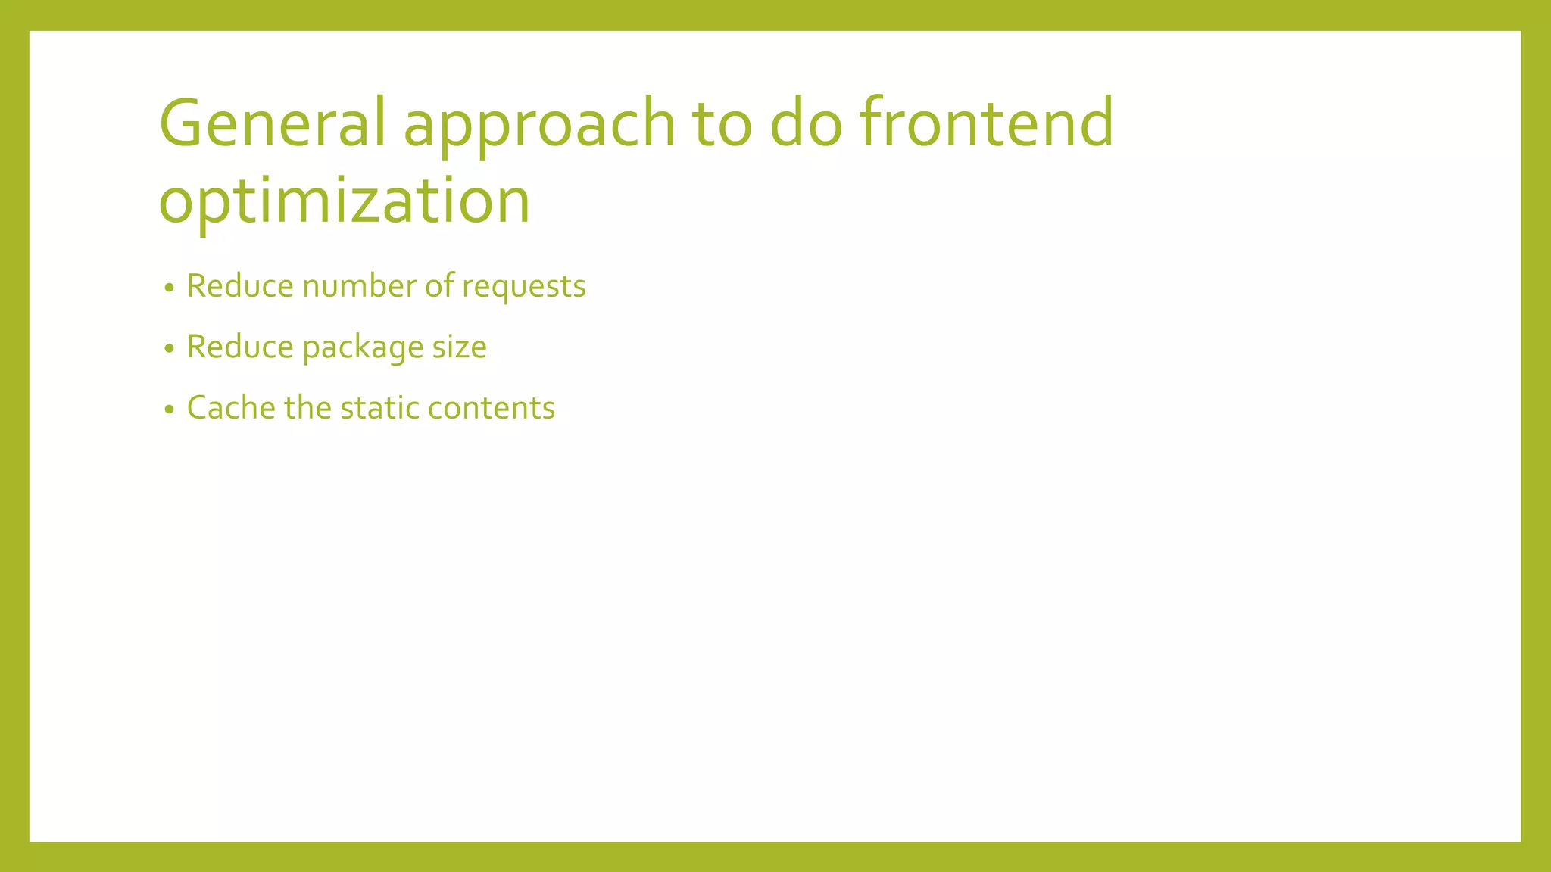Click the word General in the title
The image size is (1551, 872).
coord(272,123)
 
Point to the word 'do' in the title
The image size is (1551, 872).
coord(806,123)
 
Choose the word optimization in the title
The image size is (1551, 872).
coord(345,201)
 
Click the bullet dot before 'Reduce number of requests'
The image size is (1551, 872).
coord(170,288)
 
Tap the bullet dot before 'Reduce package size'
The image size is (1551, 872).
coord(170,348)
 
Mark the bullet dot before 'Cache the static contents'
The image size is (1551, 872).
coord(170,410)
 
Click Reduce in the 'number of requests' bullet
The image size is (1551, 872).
coord(239,286)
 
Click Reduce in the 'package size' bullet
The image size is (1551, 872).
coord(239,347)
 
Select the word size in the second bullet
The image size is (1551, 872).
coord(459,347)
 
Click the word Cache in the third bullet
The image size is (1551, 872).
coord(231,408)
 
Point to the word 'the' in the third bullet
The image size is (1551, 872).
coord(307,408)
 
